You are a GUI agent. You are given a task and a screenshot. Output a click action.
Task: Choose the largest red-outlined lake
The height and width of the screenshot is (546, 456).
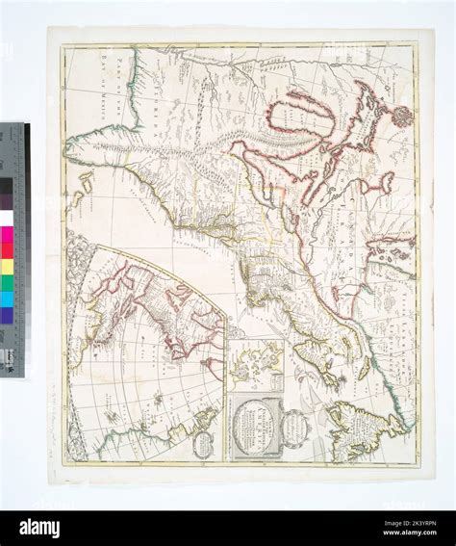[298, 120]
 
